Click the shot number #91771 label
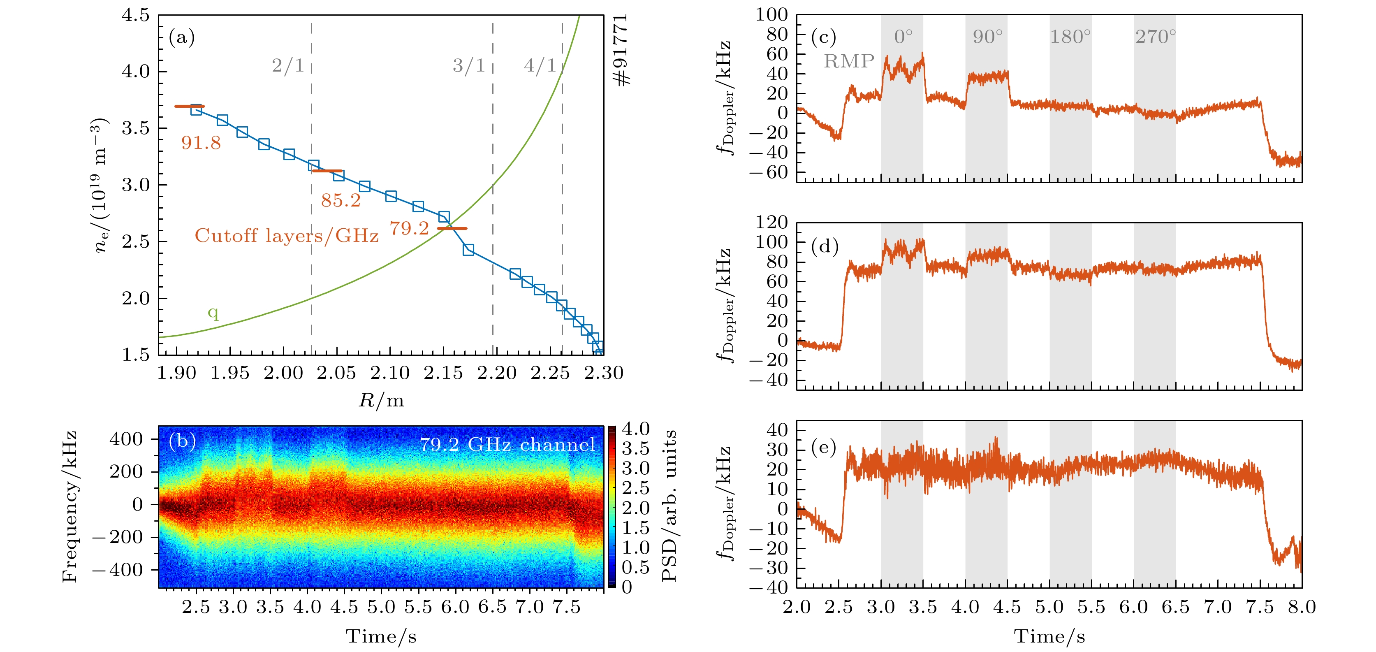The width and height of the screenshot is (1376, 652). (x=621, y=50)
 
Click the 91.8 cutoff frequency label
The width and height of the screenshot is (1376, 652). (x=201, y=143)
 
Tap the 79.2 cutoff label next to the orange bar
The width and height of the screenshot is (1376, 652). (x=409, y=228)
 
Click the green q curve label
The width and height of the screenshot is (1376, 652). (x=213, y=312)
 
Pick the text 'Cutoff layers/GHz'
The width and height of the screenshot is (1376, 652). (x=286, y=235)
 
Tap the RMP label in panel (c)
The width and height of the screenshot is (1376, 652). (x=849, y=61)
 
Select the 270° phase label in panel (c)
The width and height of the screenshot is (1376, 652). (x=1156, y=37)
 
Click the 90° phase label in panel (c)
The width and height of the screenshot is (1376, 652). (x=987, y=37)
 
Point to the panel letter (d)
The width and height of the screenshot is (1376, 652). (x=824, y=246)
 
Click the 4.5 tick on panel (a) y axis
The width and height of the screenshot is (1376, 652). (x=136, y=15)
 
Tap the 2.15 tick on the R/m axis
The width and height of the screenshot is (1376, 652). (x=443, y=373)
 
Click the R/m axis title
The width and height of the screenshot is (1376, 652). (x=381, y=400)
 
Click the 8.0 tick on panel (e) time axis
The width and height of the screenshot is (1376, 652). (x=1301, y=607)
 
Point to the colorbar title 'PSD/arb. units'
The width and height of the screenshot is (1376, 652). (x=669, y=505)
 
